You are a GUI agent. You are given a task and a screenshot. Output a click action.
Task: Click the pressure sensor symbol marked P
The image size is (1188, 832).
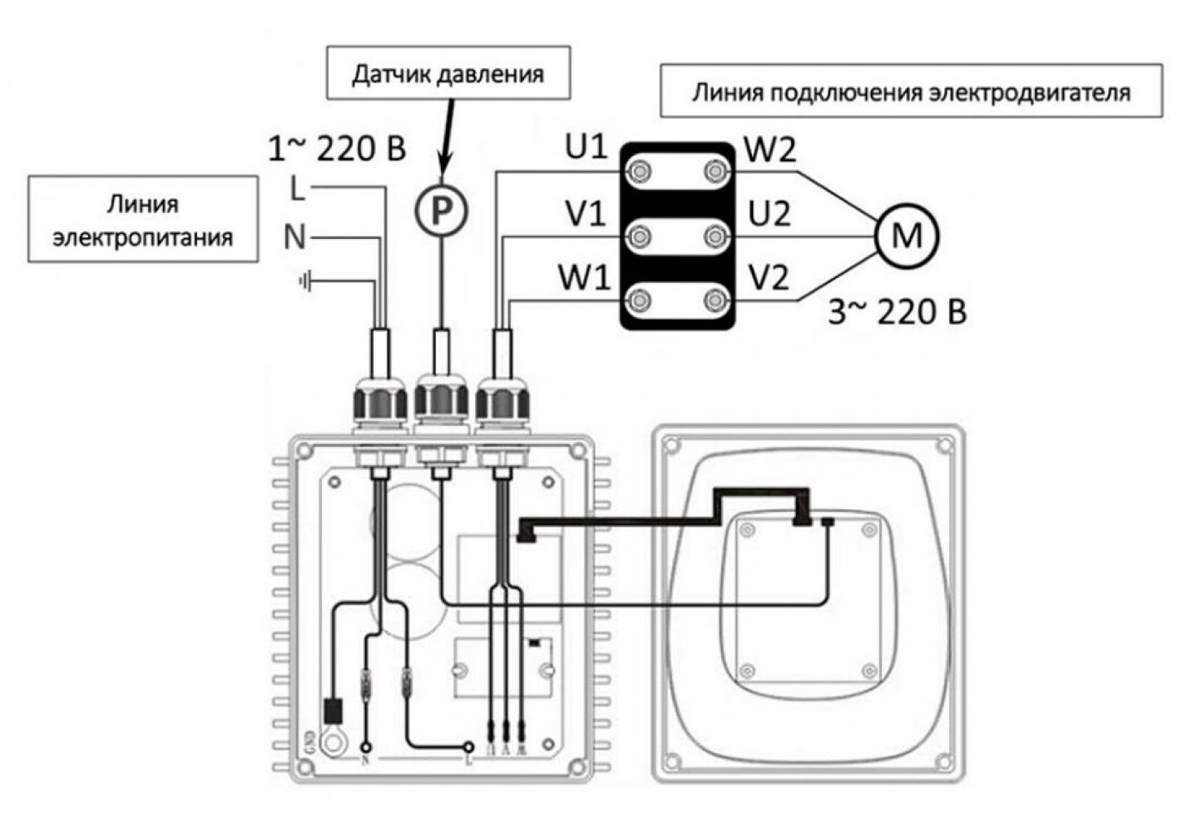tap(442, 210)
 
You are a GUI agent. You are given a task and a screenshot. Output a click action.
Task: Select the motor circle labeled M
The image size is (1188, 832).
tap(906, 235)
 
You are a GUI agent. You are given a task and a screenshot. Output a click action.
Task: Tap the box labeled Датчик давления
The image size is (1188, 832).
tap(448, 74)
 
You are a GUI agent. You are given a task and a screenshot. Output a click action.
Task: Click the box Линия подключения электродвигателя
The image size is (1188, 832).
tap(911, 90)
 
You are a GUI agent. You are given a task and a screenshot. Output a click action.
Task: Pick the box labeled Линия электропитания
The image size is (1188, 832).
tap(143, 220)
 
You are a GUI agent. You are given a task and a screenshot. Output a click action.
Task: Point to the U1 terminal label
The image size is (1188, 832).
tap(587, 148)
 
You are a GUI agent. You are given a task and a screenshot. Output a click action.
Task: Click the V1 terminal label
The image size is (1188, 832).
tap(586, 215)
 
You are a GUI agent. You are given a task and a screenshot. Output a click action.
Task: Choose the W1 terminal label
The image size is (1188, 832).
tap(584, 278)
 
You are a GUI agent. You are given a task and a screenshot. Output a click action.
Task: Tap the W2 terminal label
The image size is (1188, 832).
tap(770, 150)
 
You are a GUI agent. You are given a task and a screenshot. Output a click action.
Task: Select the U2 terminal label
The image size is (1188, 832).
tap(770, 215)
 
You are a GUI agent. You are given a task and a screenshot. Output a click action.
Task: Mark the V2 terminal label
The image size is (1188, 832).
tap(768, 278)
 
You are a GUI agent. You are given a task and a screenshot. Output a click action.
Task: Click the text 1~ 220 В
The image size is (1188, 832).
tap(337, 149)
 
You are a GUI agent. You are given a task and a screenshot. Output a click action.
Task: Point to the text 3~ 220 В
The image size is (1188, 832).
tap(898, 313)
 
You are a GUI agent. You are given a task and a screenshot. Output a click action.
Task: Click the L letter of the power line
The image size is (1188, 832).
tap(297, 190)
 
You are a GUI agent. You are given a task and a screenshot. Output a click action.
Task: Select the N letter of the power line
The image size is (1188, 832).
tap(295, 238)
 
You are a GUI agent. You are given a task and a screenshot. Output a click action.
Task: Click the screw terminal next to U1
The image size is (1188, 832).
tap(640, 172)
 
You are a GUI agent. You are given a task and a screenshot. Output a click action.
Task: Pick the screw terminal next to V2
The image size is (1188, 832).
tap(715, 300)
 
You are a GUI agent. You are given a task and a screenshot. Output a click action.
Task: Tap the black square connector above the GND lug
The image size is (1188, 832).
tap(333, 710)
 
